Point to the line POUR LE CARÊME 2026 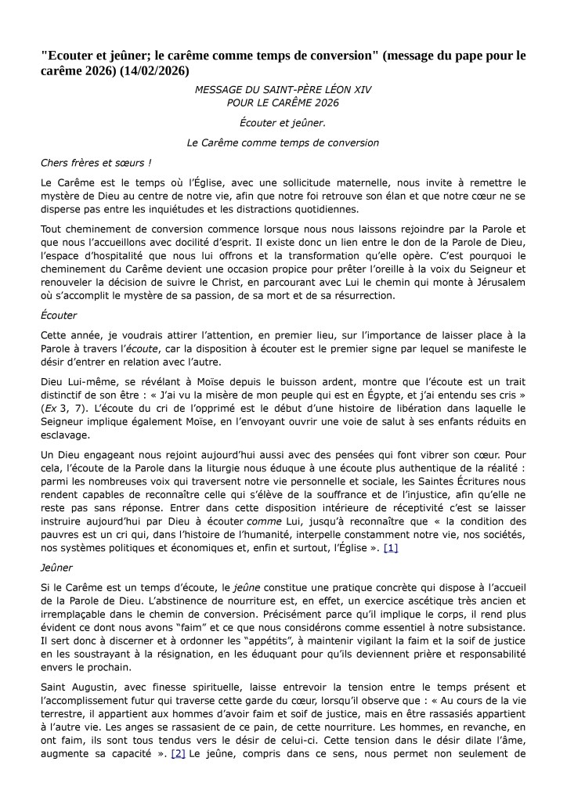pos(283,103)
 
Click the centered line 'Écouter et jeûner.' pos(283,122)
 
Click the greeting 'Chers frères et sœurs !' pos(96,162)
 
